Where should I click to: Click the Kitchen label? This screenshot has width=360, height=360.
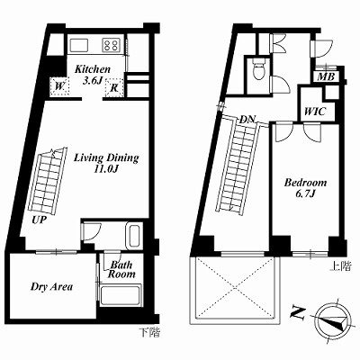coord(93,69)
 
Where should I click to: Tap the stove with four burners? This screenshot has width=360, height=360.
coord(112,45)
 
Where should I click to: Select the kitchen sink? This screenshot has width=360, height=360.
coord(79,45)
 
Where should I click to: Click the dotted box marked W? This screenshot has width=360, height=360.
coord(59,86)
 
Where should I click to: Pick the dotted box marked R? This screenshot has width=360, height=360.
coord(114,87)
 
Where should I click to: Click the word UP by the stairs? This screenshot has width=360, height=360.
coord(40,220)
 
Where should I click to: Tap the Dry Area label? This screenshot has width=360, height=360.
coord(51,287)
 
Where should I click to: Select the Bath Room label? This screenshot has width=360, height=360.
coord(121,269)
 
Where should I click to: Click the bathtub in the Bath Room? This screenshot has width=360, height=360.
coord(120,295)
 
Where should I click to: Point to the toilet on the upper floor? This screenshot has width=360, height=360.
coord(259,68)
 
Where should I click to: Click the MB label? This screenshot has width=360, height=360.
coord(326,77)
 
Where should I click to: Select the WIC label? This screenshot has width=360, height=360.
coord(315,112)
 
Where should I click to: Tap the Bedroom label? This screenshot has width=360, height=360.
coord(305,183)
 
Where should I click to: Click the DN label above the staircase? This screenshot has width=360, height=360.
coord(247,119)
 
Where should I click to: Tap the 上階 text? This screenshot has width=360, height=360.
coord(341,266)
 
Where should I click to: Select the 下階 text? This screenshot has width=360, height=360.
coord(149,332)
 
